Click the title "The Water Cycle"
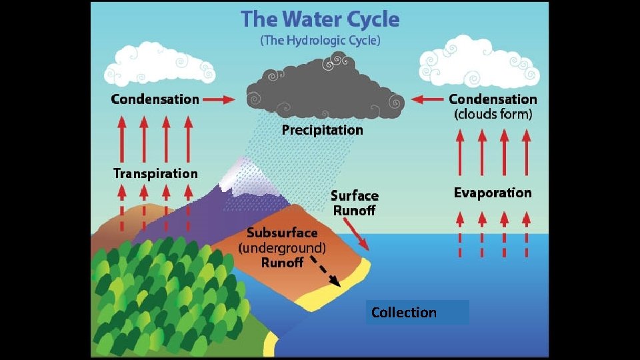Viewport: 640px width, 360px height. [x=320, y=19]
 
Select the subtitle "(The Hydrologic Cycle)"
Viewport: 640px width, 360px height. [x=320, y=40]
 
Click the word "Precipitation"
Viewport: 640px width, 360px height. [x=322, y=129]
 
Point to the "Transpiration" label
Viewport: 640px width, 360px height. [x=155, y=173]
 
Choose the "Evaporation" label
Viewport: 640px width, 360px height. [x=493, y=193]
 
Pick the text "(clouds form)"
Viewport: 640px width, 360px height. [x=493, y=114]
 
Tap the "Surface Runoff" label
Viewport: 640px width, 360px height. [x=354, y=203]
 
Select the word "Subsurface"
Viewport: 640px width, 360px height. [x=282, y=233]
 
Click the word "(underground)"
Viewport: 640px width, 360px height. [x=282, y=248]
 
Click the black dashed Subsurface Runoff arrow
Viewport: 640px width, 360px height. [x=325, y=273]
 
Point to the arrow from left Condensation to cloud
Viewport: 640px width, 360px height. [x=219, y=99]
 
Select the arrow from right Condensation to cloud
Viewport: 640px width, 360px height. [x=427, y=99]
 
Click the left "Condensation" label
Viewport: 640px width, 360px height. [x=155, y=99]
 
